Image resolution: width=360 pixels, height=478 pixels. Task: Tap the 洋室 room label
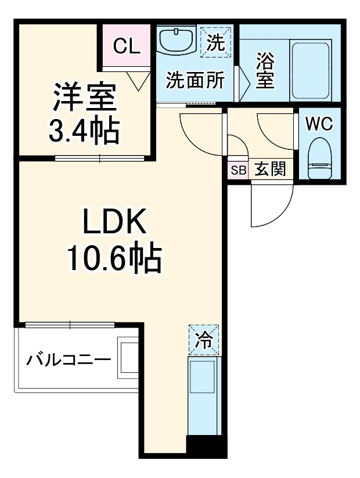coord(85,98)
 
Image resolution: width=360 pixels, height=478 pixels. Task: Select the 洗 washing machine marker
coord(215,42)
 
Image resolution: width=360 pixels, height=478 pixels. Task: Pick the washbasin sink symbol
coord(177,40)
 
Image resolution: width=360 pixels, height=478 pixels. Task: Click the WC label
coord(318,124)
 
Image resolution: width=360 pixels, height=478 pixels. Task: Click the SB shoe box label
coord(239,170)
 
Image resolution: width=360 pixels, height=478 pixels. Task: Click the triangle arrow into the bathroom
coord(244,80)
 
